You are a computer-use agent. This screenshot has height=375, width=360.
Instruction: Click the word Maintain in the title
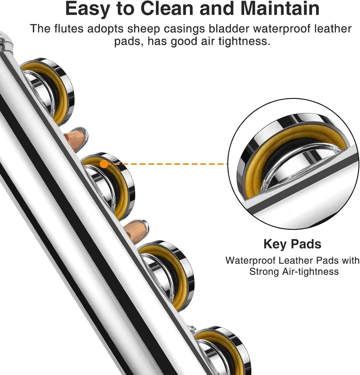pos(280,8)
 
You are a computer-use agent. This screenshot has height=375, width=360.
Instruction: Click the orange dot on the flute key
pos(104,164)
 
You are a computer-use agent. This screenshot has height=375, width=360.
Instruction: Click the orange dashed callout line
pos(168,164)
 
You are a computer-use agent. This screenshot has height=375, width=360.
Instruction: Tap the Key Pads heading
pos(292,244)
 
